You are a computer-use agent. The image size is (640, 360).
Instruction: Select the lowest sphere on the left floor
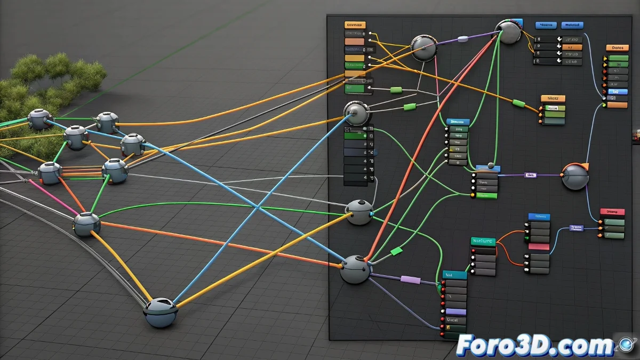tap(161, 313)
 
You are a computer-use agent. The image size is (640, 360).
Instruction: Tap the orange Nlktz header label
tap(553, 99)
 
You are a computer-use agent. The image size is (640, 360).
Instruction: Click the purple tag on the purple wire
tap(411, 279)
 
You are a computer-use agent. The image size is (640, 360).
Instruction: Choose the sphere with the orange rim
tap(575, 176)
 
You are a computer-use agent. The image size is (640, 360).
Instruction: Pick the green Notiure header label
tap(483, 242)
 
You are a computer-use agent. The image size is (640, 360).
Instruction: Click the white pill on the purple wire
tap(463, 38)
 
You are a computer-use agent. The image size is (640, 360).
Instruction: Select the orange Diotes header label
tap(618, 48)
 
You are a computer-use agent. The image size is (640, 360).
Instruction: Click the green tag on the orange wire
tap(518, 103)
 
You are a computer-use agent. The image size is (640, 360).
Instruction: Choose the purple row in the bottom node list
tap(455, 311)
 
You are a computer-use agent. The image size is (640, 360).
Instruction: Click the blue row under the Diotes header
tap(618, 91)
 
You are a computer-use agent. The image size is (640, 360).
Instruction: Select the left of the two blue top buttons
tap(546, 25)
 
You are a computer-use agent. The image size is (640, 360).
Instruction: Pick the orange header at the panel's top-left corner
tap(355, 25)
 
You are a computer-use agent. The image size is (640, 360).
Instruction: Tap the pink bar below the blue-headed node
tap(539, 247)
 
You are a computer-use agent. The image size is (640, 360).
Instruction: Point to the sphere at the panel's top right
tap(508, 33)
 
